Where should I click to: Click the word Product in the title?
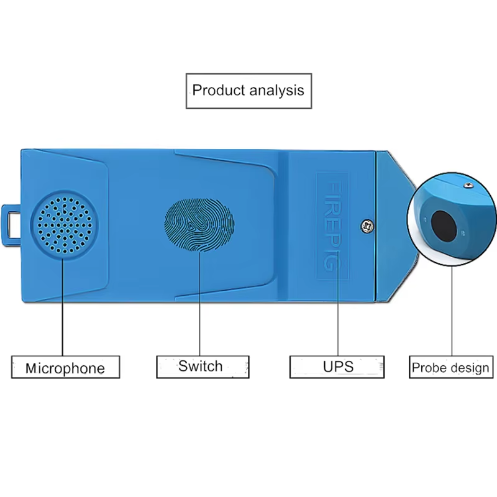click(219, 90)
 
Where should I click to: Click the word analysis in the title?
click(276, 91)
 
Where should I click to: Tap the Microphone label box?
click(66, 367)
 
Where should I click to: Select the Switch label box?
click(203, 367)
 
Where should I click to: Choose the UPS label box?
click(337, 367)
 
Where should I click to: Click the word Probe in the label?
click(429, 368)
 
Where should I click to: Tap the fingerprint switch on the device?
click(199, 225)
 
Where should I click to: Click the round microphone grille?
click(65, 225)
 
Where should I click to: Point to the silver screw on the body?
click(367, 226)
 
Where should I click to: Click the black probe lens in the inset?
click(444, 226)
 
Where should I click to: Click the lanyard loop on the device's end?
click(11, 226)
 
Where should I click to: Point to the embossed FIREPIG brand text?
click(333, 226)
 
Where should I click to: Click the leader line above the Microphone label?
click(63, 308)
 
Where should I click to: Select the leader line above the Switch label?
click(199, 304)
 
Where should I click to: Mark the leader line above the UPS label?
click(338, 304)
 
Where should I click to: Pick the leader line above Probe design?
click(452, 311)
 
